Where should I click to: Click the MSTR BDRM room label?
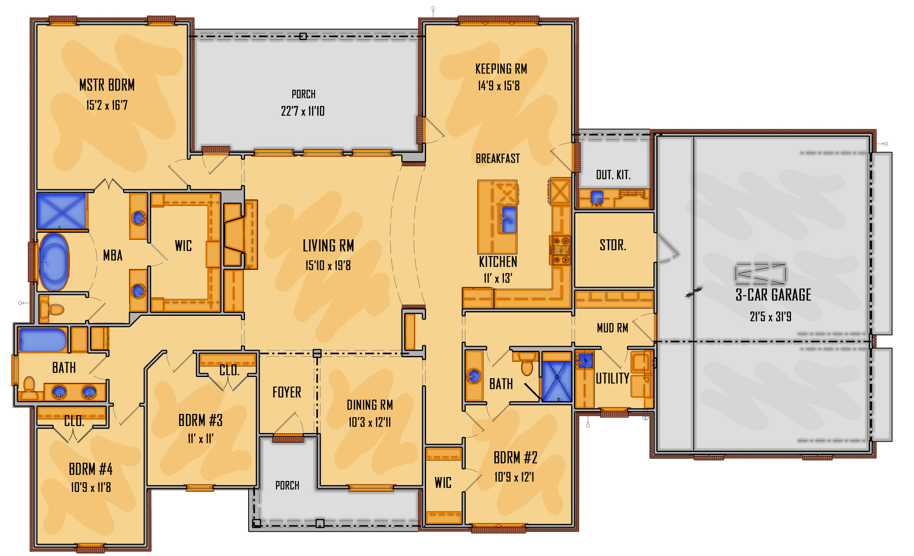tap(107, 85)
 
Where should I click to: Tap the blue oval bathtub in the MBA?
tap(54, 262)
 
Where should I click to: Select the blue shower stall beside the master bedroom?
tap(62, 211)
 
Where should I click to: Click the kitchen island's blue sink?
tap(509, 219)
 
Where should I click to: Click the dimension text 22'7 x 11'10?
tap(303, 111)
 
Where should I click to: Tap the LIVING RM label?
tap(328, 246)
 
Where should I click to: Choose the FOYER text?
tap(287, 392)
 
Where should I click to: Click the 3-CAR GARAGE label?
tap(773, 295)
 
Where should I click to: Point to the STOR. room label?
tap(613, 245)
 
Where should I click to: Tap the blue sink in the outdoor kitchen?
tap(597, 197)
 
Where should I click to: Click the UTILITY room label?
tap(612, 378)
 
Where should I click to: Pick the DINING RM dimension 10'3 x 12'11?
tap(370, 422)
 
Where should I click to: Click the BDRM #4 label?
tap(91, 469)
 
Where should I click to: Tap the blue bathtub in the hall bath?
tap(42, 340)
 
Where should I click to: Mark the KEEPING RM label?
tap(501, 69)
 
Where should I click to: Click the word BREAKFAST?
tap(497, 159)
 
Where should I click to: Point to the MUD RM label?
tap(612, 328)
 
